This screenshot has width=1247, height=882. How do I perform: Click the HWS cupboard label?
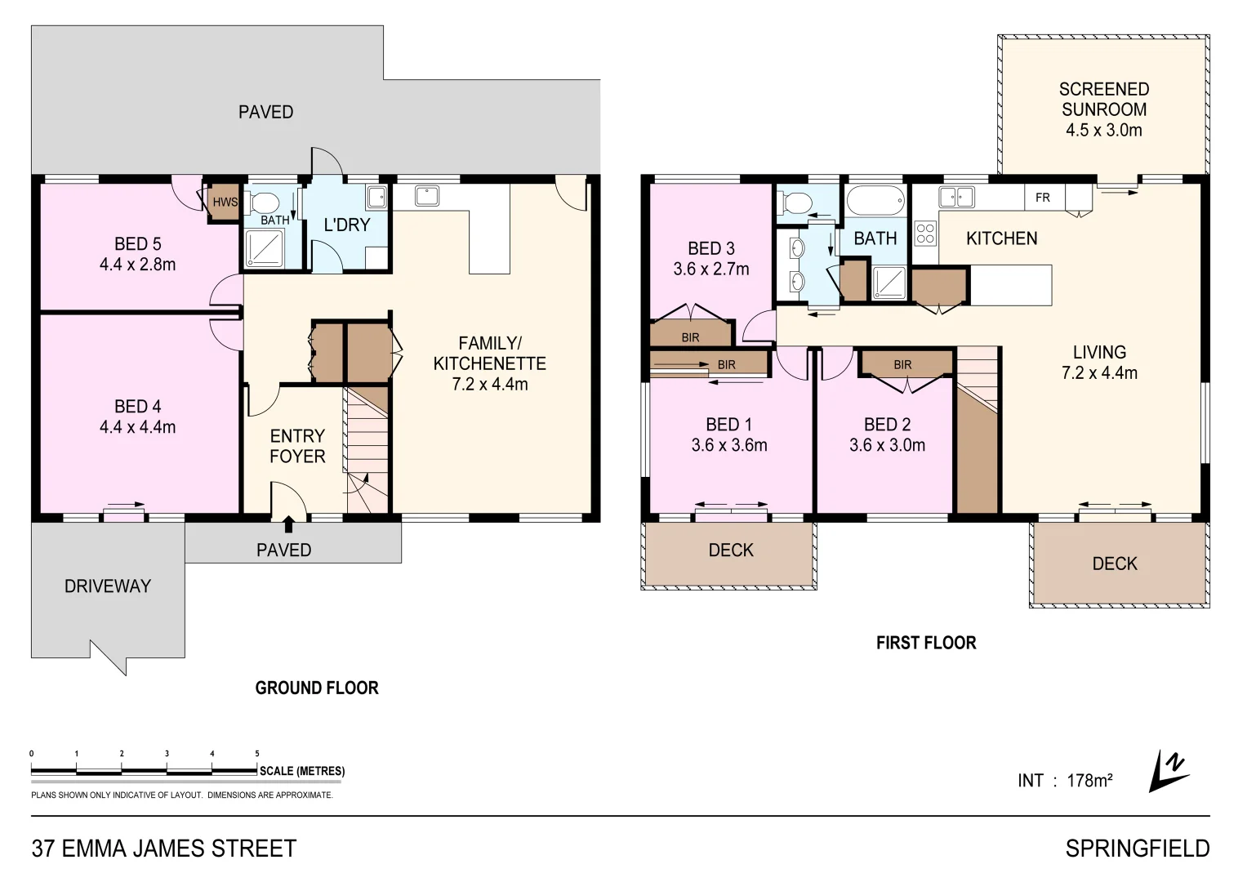225,202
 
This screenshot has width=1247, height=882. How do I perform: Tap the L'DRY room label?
347,225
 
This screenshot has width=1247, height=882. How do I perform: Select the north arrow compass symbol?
1168,771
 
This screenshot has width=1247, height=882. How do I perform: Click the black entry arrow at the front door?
288,523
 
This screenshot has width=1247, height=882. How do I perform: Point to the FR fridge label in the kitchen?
1043,198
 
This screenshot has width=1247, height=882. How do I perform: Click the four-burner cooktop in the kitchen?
925,234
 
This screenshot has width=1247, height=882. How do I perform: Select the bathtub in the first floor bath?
875,200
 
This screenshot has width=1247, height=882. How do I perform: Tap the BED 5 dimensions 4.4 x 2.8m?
137,265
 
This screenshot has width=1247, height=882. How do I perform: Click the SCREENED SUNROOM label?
1103,100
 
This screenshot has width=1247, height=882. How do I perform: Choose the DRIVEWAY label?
108,586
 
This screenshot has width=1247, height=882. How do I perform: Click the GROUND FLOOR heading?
317,688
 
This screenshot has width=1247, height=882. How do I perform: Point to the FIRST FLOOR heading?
926,644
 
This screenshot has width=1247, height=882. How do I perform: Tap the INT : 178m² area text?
1065,781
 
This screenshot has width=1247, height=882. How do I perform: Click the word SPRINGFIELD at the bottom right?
1137,849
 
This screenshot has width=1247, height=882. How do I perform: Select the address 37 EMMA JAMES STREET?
164,849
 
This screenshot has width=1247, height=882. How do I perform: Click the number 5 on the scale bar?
257,754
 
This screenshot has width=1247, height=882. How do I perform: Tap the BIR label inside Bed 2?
902,365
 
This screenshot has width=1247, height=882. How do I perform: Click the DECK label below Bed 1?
731,550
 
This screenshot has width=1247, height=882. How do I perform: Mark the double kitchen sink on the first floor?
956,197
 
